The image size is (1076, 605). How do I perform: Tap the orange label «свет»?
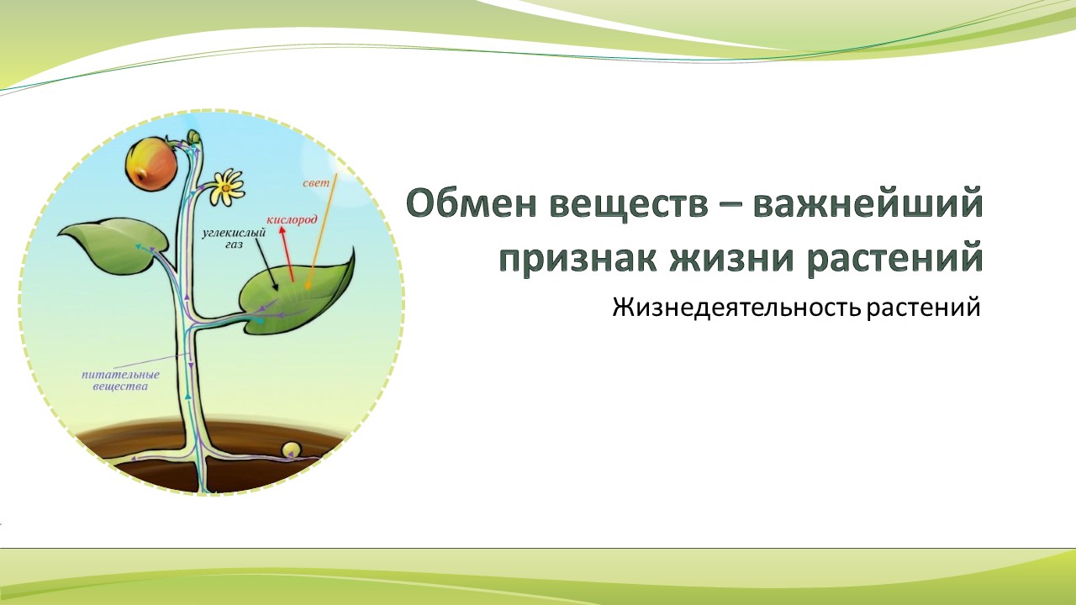[x=316, y=183]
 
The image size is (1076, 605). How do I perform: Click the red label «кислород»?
[x=292, y=220]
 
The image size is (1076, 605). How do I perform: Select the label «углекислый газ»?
[x=234, y=238]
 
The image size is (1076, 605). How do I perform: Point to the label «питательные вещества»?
[x=120, y=381]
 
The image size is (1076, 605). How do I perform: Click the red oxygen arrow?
[x=287, y=254]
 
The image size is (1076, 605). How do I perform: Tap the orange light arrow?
[x=321, y=232]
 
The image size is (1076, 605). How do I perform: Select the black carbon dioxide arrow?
[x=266, y=263]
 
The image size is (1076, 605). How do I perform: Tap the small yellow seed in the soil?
[x=291, y=449]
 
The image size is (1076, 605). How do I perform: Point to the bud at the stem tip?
[x=194, y=136]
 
